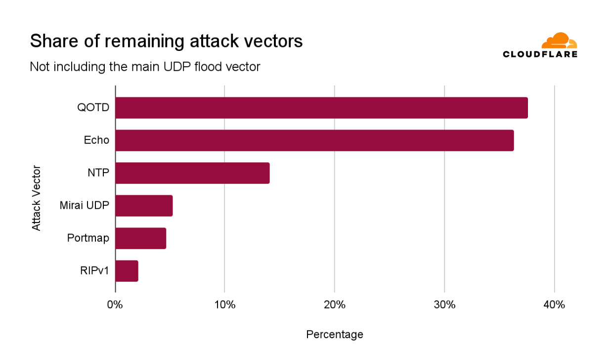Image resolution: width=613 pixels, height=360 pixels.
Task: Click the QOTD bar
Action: pos(321,108)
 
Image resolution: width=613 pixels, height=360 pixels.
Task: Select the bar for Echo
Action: pos(314,140)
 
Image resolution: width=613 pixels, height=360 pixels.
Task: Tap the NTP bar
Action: pos(192,173)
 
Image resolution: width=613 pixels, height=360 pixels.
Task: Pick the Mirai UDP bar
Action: pos(144,206)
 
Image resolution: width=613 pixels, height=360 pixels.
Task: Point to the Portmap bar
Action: pos(140,238)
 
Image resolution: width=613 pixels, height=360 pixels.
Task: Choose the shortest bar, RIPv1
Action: pos(127,271)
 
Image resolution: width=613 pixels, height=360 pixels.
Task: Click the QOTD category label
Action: pos(93,108)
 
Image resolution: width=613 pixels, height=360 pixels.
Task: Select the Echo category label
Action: pos(96,140)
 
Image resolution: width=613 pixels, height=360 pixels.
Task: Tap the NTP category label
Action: pos(98,173)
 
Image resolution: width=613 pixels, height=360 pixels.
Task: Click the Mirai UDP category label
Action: pos(84,206)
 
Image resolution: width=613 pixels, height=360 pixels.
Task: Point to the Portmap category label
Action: pos(88,238)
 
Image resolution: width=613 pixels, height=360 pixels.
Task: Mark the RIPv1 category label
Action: pos(94,271)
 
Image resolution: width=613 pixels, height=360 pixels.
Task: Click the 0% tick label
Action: pos(115,305)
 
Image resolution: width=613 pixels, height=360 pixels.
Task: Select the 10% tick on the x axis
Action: pos(225,305)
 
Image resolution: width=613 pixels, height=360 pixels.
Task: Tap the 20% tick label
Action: pos(335,305)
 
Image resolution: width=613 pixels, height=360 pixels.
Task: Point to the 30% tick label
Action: pos(444,305)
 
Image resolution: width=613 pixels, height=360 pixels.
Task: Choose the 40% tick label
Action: pos(554,305)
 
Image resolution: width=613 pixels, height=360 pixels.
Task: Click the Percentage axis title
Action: pos(335,335)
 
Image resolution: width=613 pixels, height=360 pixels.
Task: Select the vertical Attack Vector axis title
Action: pos(36,198)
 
